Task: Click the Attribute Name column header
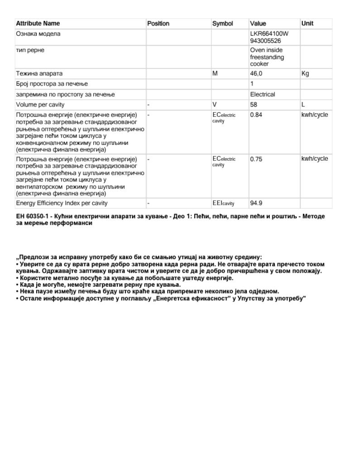[38, 24]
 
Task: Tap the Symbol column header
[222, 24]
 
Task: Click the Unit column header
[307, 24]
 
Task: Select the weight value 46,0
[256, 73]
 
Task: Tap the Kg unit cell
[305, 73]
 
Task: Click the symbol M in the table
[215, 73]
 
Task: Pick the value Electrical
[263, 94]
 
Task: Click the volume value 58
[254, 105]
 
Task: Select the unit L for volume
[303, 105]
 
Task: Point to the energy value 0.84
[256, 115]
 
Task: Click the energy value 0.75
[256, 159]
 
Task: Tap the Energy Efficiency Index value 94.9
[256, 203]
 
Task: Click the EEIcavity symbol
[223, 203]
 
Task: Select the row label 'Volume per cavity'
[38, 105]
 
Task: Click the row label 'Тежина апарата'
[39, 73]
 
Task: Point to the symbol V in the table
[215, 105]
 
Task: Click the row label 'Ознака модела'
[38, 34]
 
